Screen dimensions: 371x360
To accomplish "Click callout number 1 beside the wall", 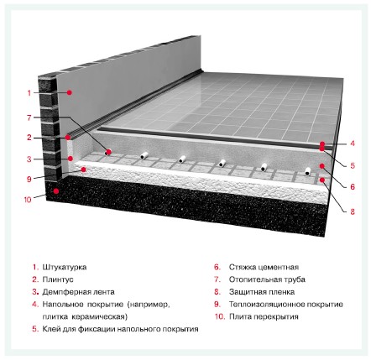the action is (29, 92).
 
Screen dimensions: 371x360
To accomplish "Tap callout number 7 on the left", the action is (29, 117).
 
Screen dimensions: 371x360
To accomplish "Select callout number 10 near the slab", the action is (28, 200).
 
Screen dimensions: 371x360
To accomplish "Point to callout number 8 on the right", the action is (353, 211).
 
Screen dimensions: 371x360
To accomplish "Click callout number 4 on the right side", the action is (353, 143).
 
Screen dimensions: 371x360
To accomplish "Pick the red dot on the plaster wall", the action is (70, 92).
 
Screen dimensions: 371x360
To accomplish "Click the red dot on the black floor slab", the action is (56, 191).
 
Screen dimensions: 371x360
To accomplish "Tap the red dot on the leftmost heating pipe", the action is (109, 152).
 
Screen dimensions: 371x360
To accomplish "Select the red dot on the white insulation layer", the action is (83, 170).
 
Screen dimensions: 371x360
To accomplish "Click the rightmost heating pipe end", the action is (307, 171).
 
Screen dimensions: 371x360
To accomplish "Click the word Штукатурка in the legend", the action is (65, 267).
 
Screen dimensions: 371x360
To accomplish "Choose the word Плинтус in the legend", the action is (58, 279).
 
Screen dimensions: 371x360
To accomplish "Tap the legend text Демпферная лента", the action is (78, 292).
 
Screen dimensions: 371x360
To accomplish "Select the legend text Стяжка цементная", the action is (264, 267).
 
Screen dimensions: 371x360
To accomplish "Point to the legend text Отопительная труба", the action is (267, 279).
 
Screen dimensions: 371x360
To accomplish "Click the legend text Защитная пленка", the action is (262, 292).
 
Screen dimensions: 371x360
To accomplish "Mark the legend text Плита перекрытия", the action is (264, 316).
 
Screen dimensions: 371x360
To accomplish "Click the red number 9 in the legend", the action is (217, 305).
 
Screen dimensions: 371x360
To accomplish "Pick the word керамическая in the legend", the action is (99, 317).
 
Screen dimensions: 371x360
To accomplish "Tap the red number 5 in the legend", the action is (35, 329).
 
